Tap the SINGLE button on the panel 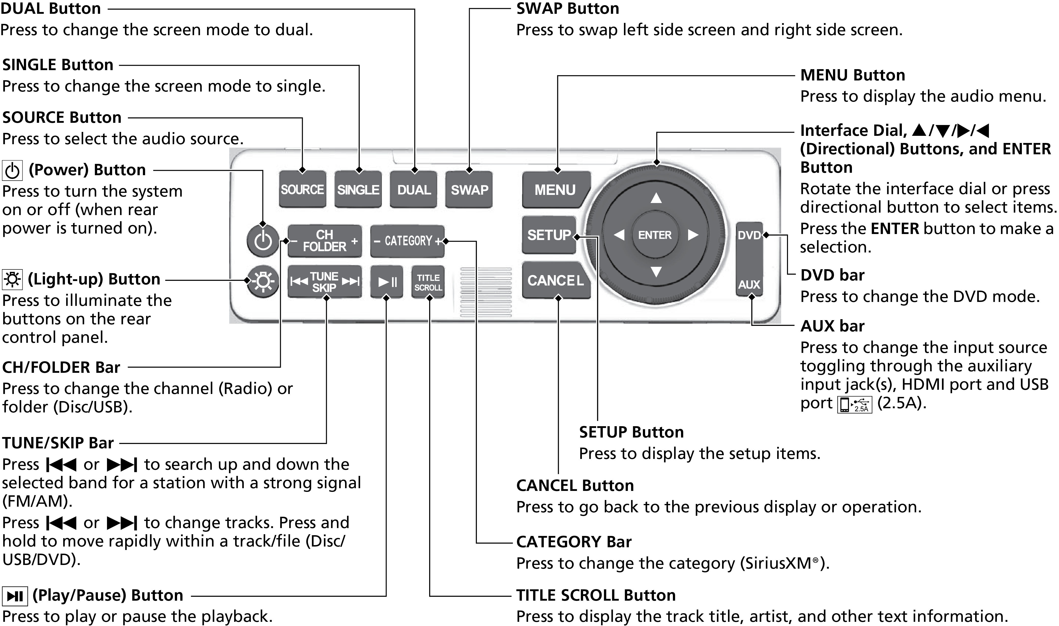click(358, 189)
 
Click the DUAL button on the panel click(414, 189)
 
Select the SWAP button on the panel click(469, 189)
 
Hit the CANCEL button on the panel click(555, 281)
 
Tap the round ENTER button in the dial click(655, 235)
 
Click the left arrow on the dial click(619, 235)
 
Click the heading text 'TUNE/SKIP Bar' click(58, 443)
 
